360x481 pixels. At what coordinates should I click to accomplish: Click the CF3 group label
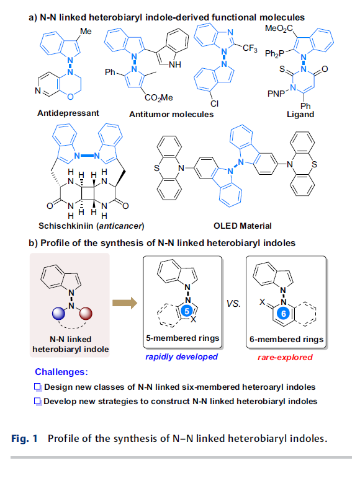tap(250, 48)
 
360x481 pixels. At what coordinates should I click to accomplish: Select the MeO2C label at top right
tap(279, 29)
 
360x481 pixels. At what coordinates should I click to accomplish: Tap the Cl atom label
tap(214, 104)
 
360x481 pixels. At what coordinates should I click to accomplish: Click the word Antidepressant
tap(68, 113)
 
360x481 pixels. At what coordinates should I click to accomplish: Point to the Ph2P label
tap(274, 54)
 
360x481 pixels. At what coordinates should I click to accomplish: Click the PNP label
tap(276, 94)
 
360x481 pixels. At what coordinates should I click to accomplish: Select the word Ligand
tap(300, 115)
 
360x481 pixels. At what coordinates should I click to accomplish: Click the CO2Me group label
tap(159, 97)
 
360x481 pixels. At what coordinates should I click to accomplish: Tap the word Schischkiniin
tap(66, 226)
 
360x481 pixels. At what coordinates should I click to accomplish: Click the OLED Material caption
tap(242, 226)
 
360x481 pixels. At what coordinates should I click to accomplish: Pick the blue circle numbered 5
tap(187, 311)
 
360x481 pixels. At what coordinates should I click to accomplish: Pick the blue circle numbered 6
tap(284, 313)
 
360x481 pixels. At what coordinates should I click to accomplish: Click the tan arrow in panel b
tap(125, 303)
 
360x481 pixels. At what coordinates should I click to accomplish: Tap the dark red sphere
tap(86, 313)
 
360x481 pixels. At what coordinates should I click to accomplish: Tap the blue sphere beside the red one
tap(59, 313)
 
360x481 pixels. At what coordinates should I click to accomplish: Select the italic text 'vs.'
tap(233, 303)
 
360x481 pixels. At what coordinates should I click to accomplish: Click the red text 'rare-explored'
tap(285, 358)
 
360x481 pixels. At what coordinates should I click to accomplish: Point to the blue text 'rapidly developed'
tap(181, 357)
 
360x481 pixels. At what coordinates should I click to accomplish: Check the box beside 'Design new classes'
tap(37, 387)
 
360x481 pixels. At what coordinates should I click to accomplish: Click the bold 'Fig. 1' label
tap(25, 438)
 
